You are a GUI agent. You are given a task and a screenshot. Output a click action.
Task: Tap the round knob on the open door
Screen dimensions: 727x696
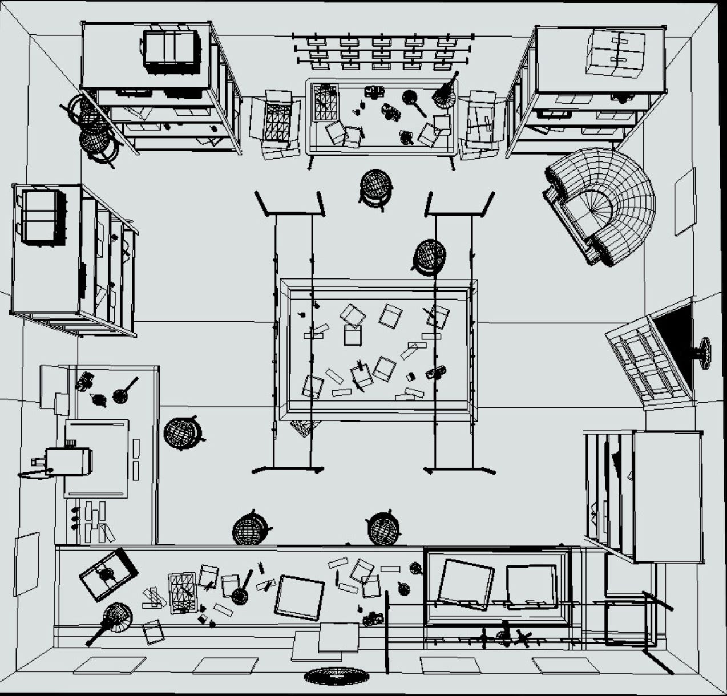(x=705, y=353)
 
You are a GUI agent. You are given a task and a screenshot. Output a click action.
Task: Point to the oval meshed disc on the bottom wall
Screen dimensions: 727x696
(x=337, y=677)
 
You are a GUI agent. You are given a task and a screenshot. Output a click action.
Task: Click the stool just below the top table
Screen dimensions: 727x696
(x=375, y=187)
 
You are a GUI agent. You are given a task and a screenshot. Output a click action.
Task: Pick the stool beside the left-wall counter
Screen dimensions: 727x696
(x=182, y=433)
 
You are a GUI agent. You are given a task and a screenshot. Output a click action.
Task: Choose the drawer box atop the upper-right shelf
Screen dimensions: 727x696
(x=616, y=54)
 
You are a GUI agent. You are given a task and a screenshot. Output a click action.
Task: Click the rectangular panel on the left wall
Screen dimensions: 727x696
(x=26, y=563)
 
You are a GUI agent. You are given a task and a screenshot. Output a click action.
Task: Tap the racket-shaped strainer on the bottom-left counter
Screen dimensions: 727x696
(x=113, y=619)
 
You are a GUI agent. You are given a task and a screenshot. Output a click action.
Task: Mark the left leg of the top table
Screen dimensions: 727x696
(x=310, y=163)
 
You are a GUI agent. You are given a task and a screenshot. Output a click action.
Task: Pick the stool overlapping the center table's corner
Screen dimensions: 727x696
(x=429, y=256)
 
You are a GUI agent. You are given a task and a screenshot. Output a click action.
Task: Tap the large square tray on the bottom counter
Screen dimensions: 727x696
(x=300, y=597)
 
